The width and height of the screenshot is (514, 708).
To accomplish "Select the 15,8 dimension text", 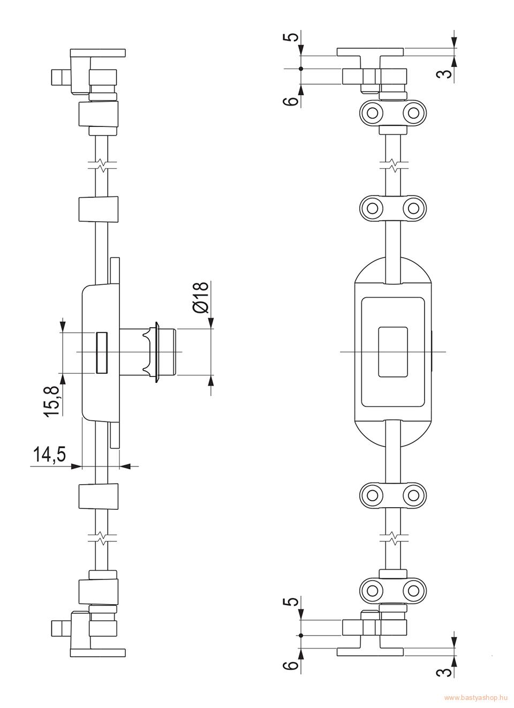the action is point(52,402).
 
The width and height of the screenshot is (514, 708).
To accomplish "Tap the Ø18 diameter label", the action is point(201,297).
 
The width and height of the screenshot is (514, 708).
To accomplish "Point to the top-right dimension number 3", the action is point(445,74).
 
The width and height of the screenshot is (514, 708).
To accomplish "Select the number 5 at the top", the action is point(293,36).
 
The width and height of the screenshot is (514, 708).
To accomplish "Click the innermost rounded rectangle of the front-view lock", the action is point(392,352).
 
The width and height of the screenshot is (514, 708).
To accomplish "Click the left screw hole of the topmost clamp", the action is point(373,112).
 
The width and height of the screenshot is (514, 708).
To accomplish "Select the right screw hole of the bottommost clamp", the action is point(413,589).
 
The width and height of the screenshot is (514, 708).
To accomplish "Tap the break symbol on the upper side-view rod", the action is point(102,164).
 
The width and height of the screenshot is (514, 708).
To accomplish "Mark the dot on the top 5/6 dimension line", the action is point(301,68).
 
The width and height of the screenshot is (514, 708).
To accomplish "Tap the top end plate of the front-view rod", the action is point(371,52).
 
